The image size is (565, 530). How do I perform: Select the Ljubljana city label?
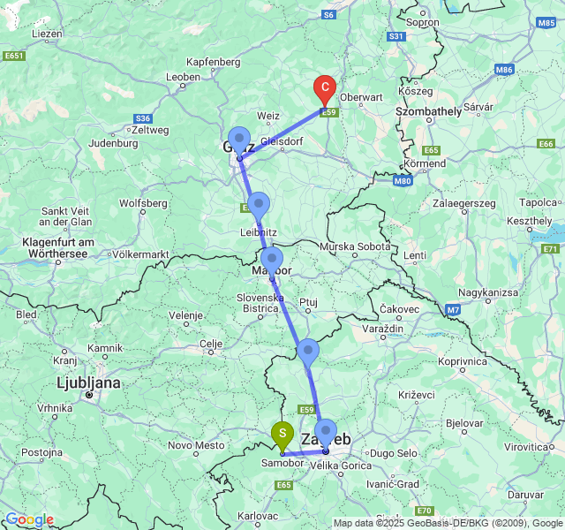click(x=88, y=383)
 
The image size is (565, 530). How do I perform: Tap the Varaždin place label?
click(x=381, y=328)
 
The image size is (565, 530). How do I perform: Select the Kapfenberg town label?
click(x=215, y=62)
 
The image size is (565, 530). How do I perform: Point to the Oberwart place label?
click(x=361, y=97)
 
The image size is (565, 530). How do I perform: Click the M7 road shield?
click(x=453, y=310)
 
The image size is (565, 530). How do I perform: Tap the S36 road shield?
click(x=143, y=118)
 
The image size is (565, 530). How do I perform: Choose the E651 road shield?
click(x=14, y=55)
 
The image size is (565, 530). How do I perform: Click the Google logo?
click(x=29, y=519)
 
